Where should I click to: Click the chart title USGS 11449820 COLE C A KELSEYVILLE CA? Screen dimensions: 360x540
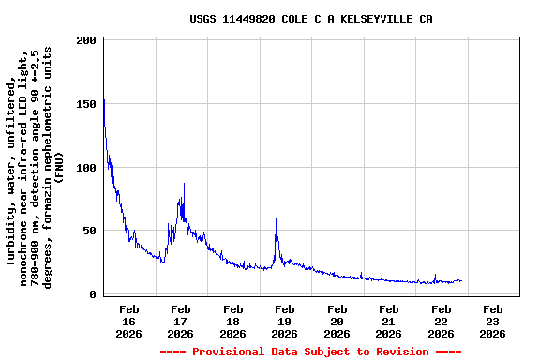tap(310, 19)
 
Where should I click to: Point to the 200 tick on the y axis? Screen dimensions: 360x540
tap(86, 41)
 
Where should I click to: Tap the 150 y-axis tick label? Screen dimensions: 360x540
tap(86, 105)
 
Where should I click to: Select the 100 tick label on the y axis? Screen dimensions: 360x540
tap(86, 168)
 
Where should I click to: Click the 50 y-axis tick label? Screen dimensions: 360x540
tap(90, 232)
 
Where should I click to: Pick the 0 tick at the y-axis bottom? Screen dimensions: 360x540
tap(93, 294)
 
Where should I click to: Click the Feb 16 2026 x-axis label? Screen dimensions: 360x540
tap(129, 321)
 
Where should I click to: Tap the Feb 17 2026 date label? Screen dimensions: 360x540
tap(181, 321)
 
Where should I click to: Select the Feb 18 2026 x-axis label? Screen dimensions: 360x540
tap(233, 321)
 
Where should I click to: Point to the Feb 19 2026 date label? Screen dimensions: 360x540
tap(285, 321)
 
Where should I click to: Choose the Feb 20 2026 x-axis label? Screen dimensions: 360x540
tap(337, 321)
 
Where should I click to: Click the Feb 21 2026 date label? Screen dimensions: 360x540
tap(388, 321)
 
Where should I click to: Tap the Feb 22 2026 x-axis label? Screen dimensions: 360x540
tap(441, 321)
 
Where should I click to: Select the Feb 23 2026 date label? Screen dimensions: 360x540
tap(492, 321)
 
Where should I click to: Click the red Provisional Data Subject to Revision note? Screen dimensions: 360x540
tap(310, 352)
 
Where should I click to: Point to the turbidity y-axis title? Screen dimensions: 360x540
tap(35, 169)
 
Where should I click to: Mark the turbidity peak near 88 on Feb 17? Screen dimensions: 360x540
tap(184, 184)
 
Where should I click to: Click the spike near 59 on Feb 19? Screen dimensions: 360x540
tap(276, 219)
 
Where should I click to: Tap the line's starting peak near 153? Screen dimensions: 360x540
tap(104, 100)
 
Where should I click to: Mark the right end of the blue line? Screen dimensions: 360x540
tap(461, 280)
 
